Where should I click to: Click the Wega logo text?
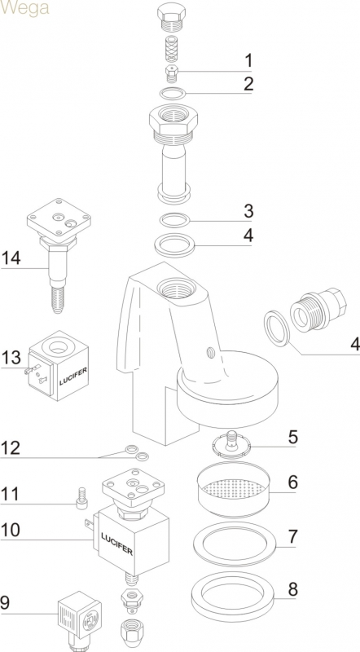click(x=24, y=8)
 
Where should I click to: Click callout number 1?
click(x=248, y=60)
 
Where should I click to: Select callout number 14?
click(x=11, y=258)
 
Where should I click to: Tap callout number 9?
click(x=6, y=602)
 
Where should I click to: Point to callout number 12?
click(x=11, y=448)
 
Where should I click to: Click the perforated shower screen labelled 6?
click(x=233, y=489)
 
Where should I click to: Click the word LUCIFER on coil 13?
click(x=73, y=377)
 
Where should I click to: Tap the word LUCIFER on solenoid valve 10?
click(x=116, y=544)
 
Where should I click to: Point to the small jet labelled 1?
click(x=172, y=74)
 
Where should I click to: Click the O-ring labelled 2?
click(x=173, y=94)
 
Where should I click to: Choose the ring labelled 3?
click(x=175, y=220)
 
